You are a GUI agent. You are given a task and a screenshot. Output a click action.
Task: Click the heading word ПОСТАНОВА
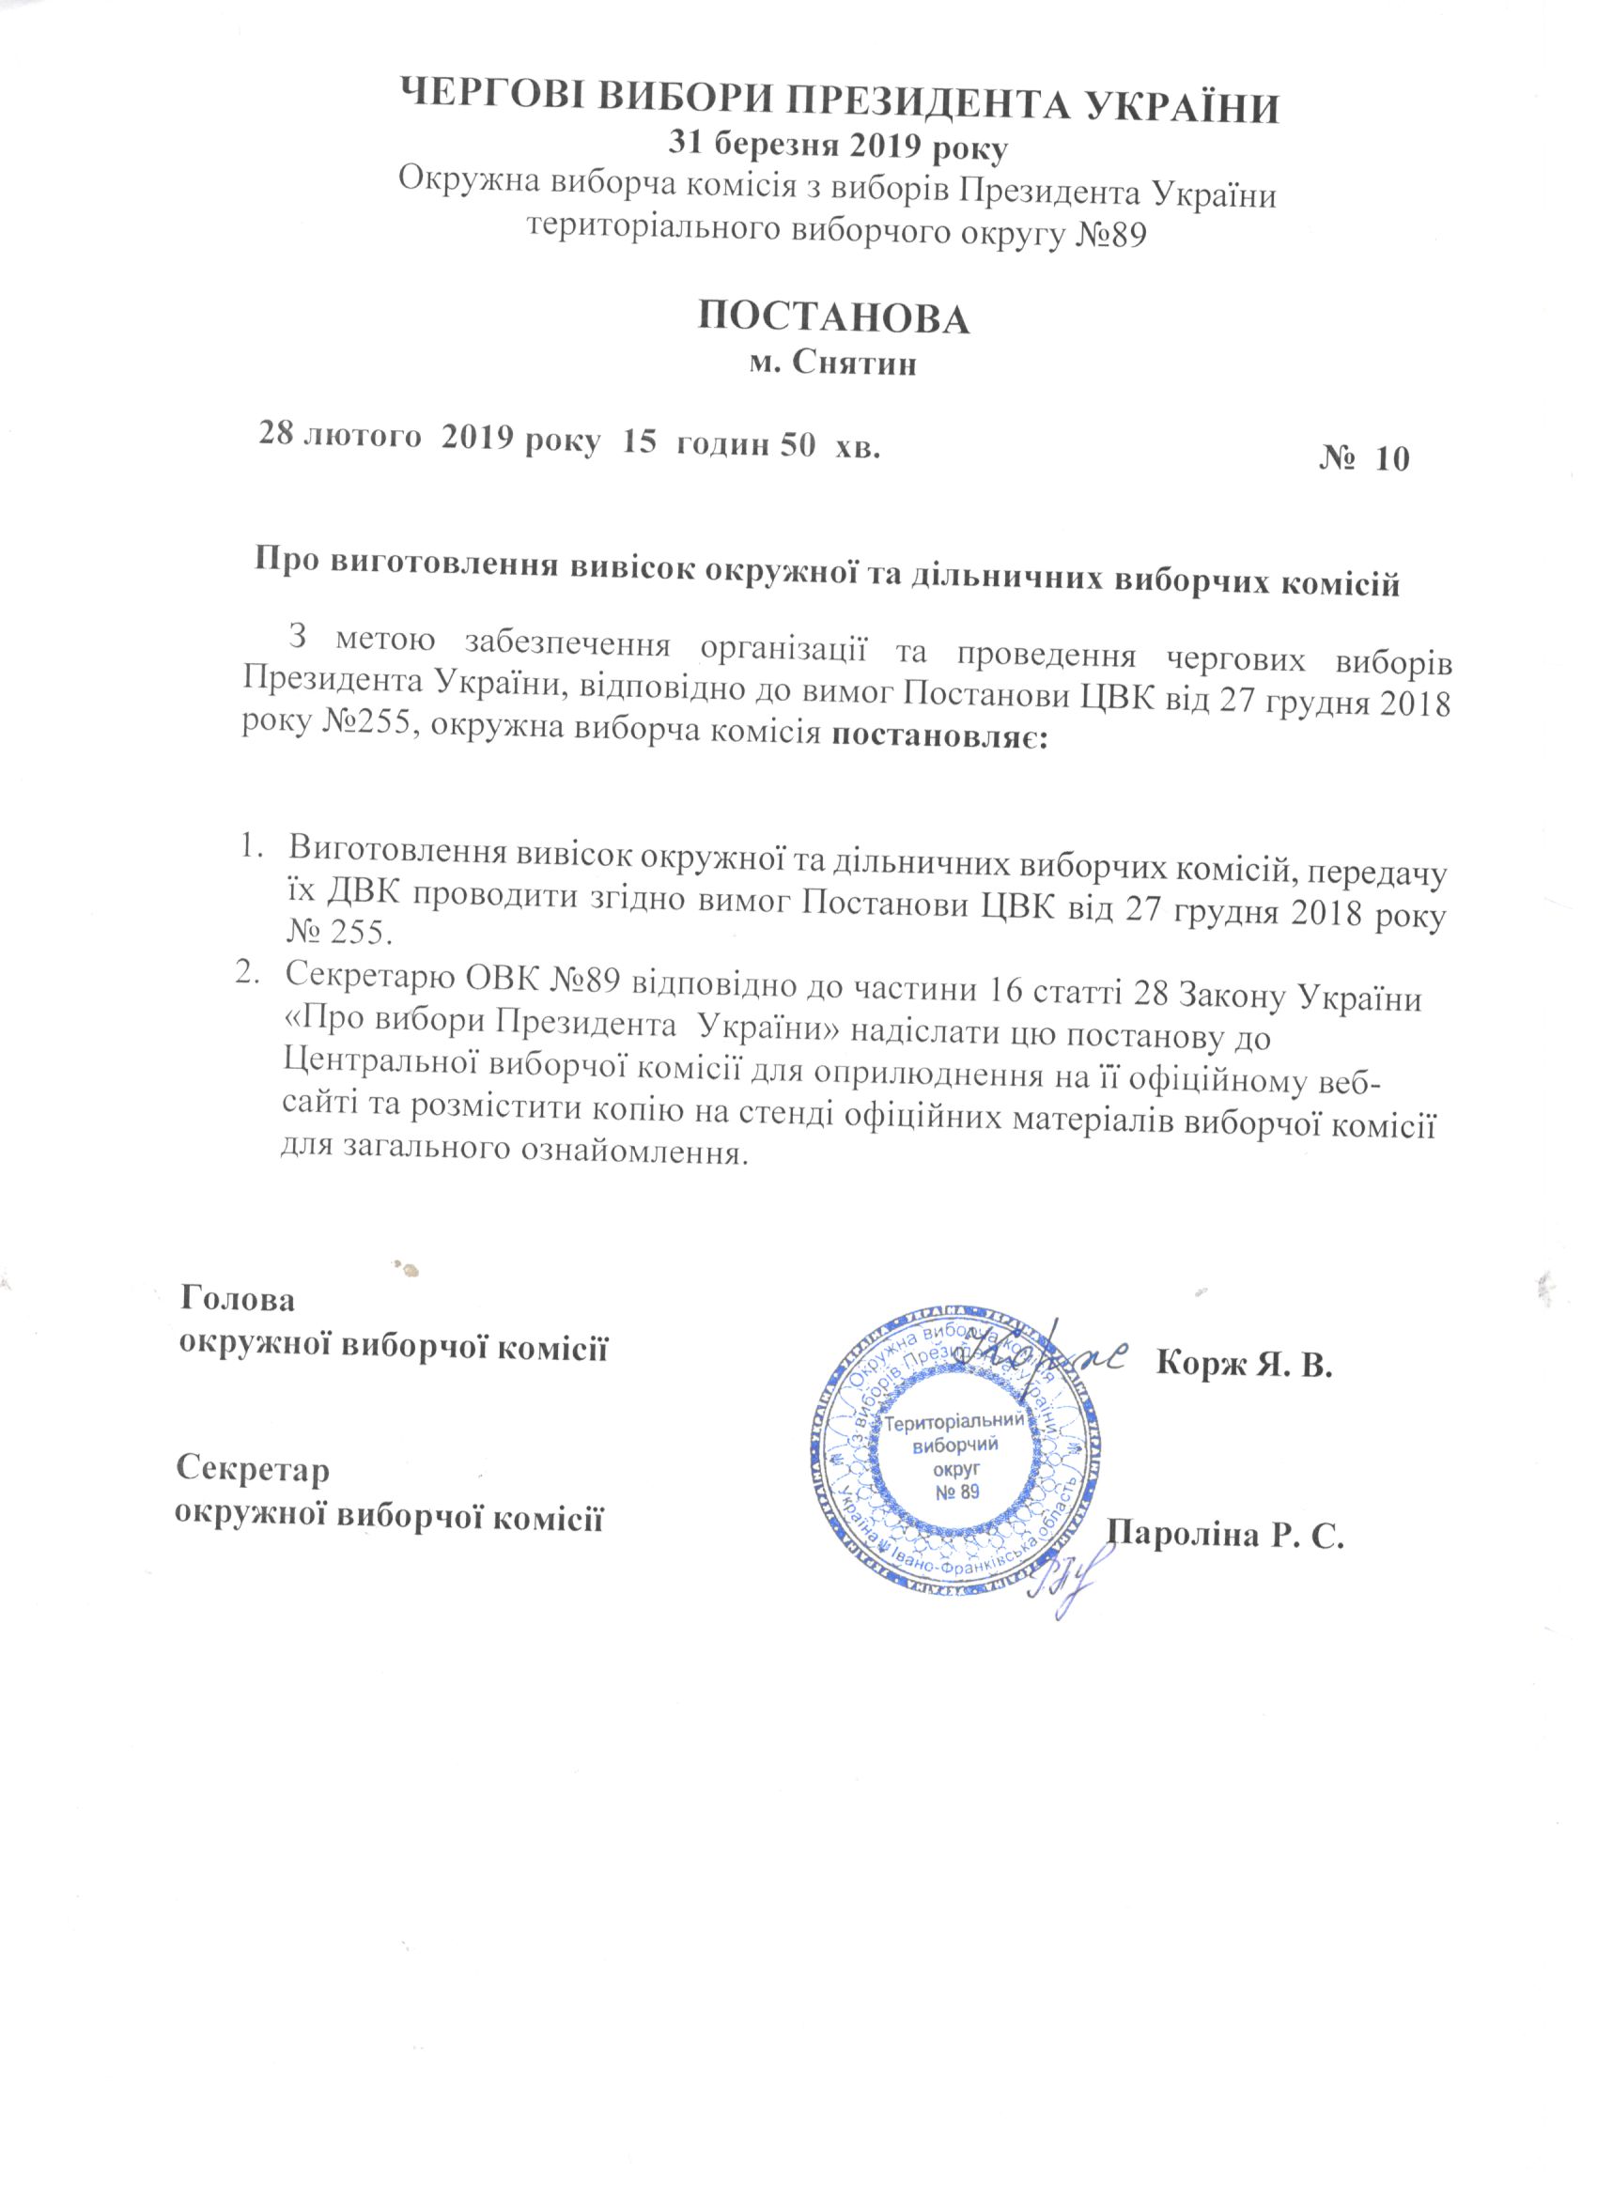tap(833, 318)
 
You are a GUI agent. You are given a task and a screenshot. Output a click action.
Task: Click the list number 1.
tap(249, 852)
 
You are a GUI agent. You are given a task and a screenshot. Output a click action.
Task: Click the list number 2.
tap(249, 975)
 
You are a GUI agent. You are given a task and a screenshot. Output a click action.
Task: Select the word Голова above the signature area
tap(239, 1299)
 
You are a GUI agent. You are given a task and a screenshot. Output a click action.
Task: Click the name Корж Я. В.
tap(1246, 1366)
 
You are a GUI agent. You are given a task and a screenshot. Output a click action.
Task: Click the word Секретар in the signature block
tap(254, 1469)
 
